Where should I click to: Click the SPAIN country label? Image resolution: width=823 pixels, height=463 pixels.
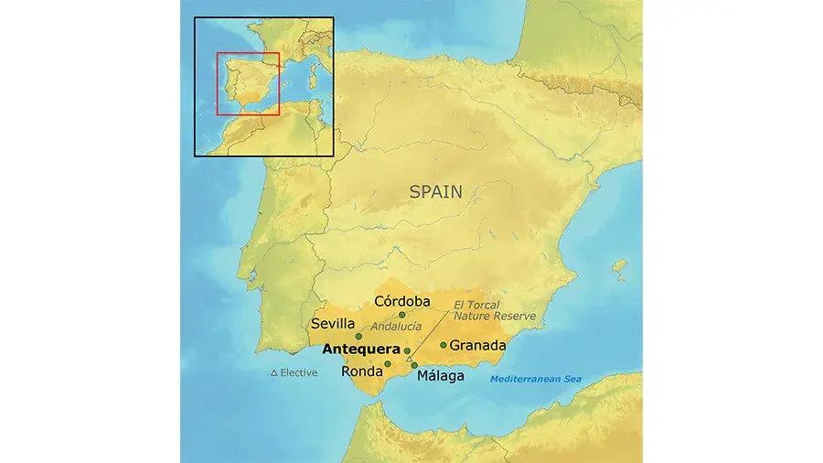435,192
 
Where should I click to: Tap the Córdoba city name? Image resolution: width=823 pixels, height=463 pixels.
402,302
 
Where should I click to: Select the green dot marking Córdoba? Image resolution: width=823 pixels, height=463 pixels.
401,315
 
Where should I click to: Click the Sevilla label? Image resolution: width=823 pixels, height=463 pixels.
333,324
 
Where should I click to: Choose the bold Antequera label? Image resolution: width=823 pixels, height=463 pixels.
361,350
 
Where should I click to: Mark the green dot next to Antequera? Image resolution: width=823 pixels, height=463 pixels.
407,350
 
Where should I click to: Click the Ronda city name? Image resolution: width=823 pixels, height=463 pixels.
360,371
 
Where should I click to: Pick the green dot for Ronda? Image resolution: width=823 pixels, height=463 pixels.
388,363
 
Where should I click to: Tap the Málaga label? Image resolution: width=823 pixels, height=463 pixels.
440,375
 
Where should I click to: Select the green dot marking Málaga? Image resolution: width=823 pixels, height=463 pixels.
414,366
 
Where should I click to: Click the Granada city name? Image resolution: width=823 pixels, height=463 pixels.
477,346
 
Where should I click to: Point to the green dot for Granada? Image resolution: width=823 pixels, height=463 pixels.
444,345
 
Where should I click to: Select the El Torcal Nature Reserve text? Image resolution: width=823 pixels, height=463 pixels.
495,310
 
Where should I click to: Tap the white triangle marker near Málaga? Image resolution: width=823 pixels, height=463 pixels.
409,359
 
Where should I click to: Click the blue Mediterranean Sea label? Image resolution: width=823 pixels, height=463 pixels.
536,380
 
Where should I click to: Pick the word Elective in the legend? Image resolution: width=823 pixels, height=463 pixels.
299,373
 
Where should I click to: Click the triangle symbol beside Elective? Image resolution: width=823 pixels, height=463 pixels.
273,373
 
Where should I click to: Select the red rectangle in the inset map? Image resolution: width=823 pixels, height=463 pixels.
248,84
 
